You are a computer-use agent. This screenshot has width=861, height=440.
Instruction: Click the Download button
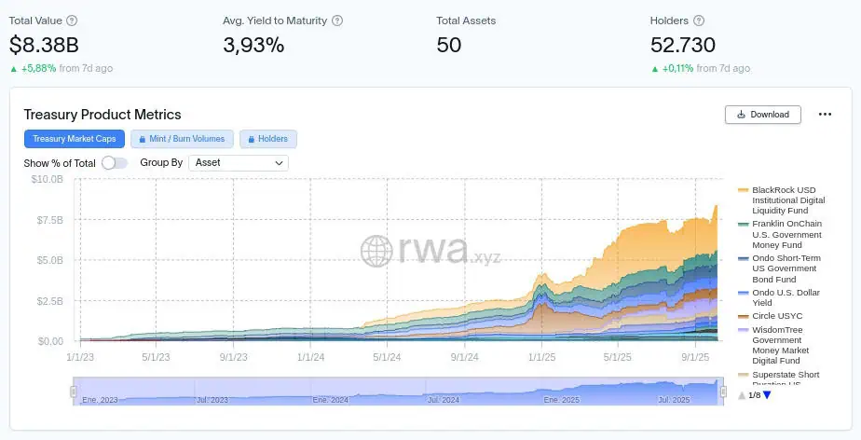pyautogui.click(x=762, y=115)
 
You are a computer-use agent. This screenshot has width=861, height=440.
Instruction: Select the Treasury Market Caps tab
pyautogui.click(x=74, y=139)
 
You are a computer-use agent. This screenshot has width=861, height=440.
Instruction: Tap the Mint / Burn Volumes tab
pyautogui.click(x=182, y=139)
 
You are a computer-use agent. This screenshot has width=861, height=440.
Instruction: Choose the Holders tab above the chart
pyautogui.click(x=267, y=139)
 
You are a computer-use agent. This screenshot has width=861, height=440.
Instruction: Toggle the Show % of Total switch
pyautogui.click(x=115, y=163)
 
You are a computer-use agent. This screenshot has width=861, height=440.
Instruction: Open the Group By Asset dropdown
pyautogui.click(x=239, y=162)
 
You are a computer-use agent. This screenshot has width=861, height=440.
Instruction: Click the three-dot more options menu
pyautogui.click(x=825, y=115)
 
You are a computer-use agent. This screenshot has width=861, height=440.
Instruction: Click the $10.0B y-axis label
pyautogui.click(x=47, y=179)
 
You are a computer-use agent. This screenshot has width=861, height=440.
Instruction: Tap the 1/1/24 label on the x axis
pyautogui.click(x=310, y=357)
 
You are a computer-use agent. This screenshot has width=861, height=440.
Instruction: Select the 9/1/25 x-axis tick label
pyautogui.click(x=696, y=357)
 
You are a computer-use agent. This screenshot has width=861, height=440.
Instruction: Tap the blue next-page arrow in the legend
pyautogui.click(x=767, y=395)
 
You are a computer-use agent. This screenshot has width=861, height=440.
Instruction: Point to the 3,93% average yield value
pyautogui.click(x=253, y=44)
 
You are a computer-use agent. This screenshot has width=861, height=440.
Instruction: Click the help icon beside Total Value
pyautogui.click(x=73, y=21)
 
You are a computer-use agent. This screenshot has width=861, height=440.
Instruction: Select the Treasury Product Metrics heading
pyautogui.click(x=102, y=115)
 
